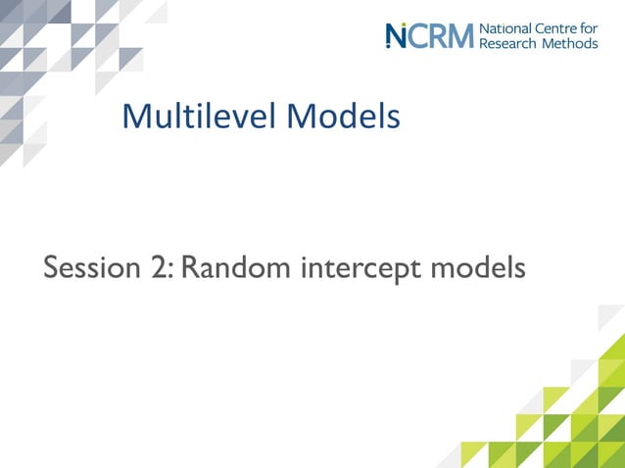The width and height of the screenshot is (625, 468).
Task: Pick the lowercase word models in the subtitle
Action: pyautogui.click(x=477, y=266)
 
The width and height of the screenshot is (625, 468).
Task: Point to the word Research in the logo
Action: pyautogui.click(x=509, y=44)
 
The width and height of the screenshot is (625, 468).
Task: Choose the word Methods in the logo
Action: pyautogui.click(x=569, y=44)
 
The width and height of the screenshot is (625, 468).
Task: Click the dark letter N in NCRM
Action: pyautogui.click(x=395, y=36)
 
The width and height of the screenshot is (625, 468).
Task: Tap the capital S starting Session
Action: pyautogui.click(x=52, y=266)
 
